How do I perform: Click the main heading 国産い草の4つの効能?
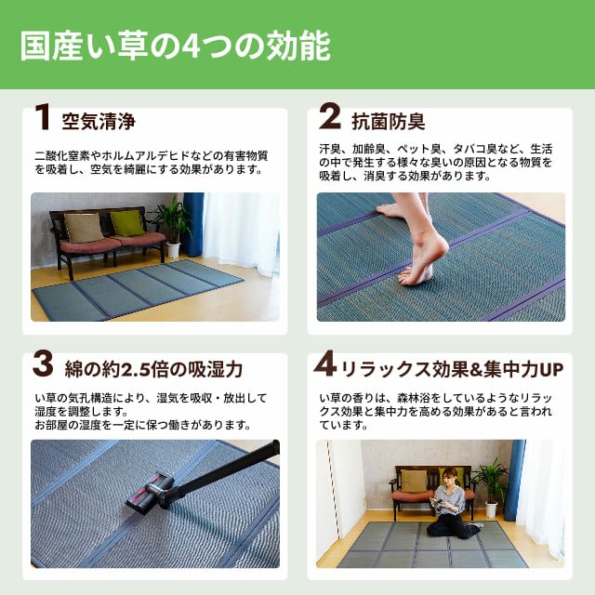[176, 46]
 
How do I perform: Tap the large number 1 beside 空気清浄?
[43, 117]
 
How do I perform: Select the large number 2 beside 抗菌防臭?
[329, 117]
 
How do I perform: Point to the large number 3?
[43, 364]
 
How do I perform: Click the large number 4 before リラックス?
[324, 364]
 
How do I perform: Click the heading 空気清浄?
[99, 122]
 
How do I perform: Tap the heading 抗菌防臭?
[389, 122]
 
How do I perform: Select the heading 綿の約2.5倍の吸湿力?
[153, 369]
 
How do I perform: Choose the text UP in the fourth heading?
[551, 370]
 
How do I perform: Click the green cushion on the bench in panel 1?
[127, 223]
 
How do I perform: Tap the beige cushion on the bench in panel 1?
[83, 228]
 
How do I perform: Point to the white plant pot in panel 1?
[173, 250]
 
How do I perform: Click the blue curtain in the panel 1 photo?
[193, 224]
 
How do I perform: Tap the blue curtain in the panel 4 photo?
[515, 480]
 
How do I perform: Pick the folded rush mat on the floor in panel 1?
[138, 290]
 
